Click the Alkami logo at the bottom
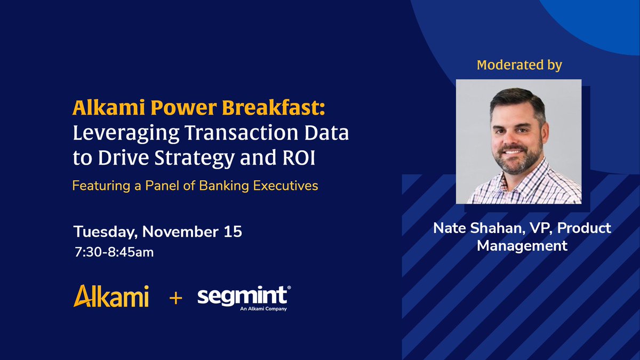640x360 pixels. (111, 296)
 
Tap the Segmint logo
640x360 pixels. (244, 296)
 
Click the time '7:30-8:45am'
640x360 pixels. (114, 251)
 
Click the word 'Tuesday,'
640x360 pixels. (105, 233)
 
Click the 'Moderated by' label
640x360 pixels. (519, 65)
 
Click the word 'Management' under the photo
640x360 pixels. (522, 246)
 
